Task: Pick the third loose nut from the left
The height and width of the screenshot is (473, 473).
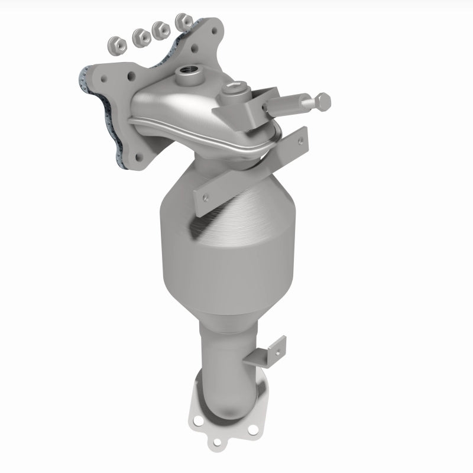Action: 160,29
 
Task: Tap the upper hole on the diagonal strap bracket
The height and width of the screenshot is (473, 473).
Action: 300,141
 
